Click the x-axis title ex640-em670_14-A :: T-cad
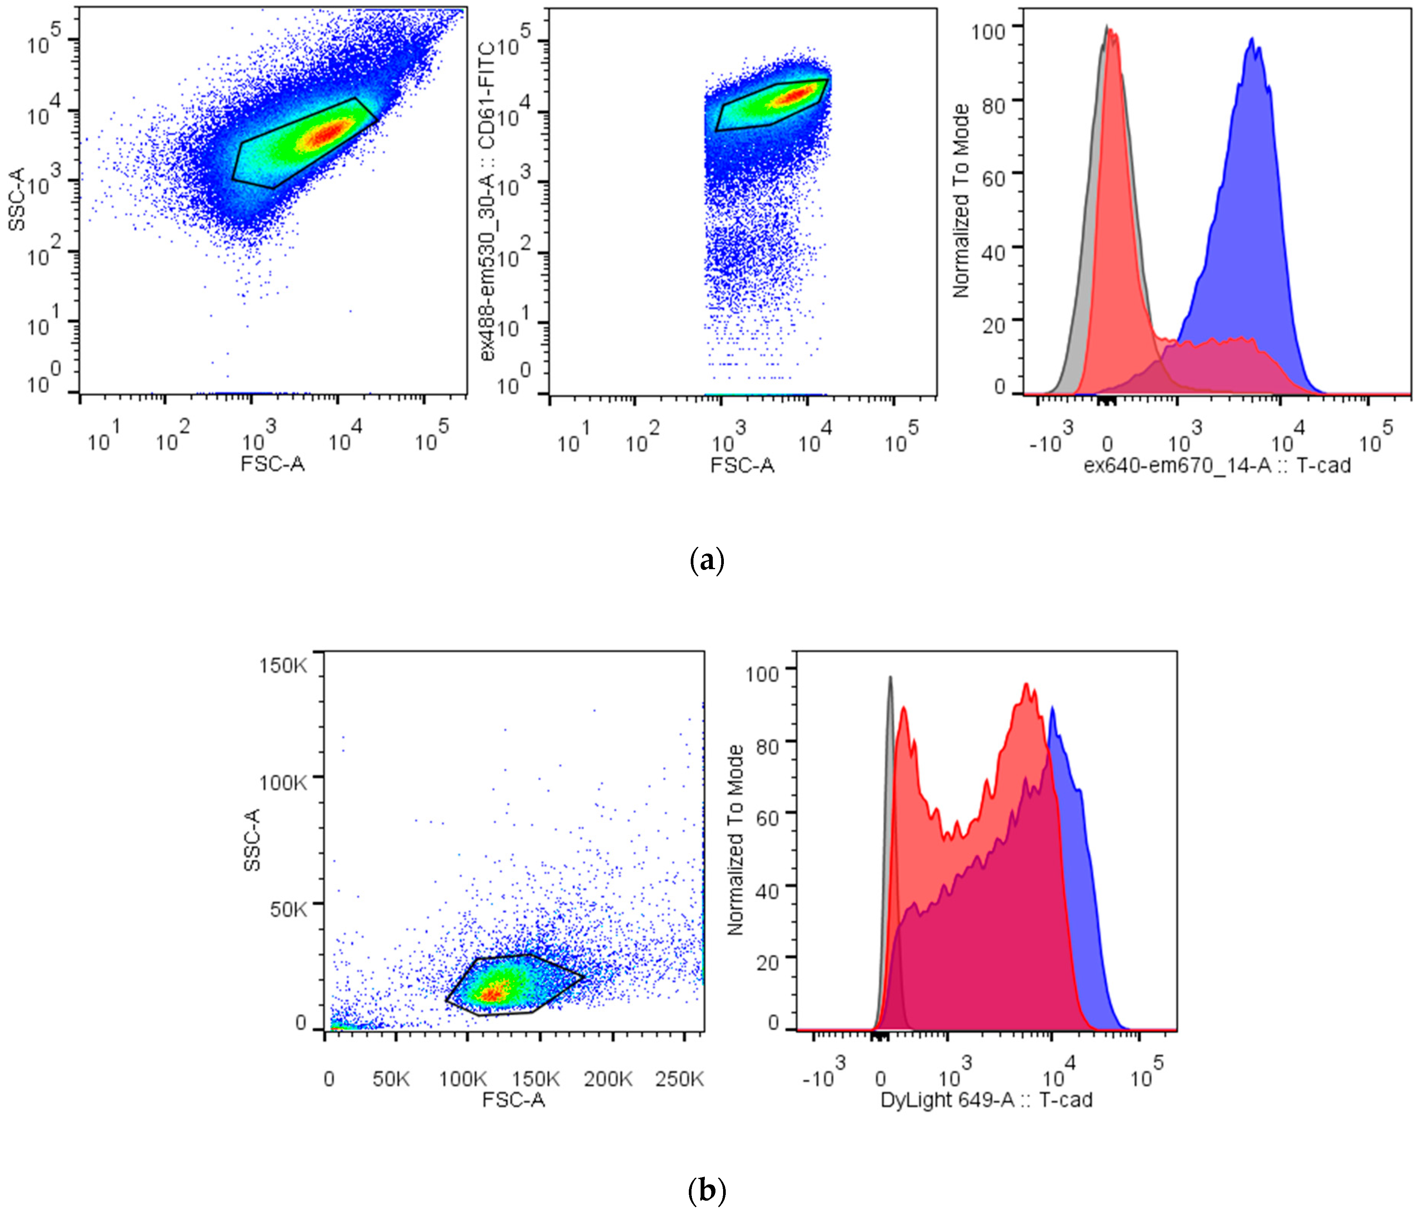[x=1217, y=465]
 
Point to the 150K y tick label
[x=283, y=665]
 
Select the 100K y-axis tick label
[x=283, y=781]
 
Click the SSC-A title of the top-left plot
[x=16, y=199]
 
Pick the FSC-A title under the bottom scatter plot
[x=513, y=1100]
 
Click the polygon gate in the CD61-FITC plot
[x=772, y=104]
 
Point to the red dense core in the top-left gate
[x=327, y=134]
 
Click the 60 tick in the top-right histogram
[x=994, y=178]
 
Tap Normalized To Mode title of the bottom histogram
[x=735, y=840]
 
